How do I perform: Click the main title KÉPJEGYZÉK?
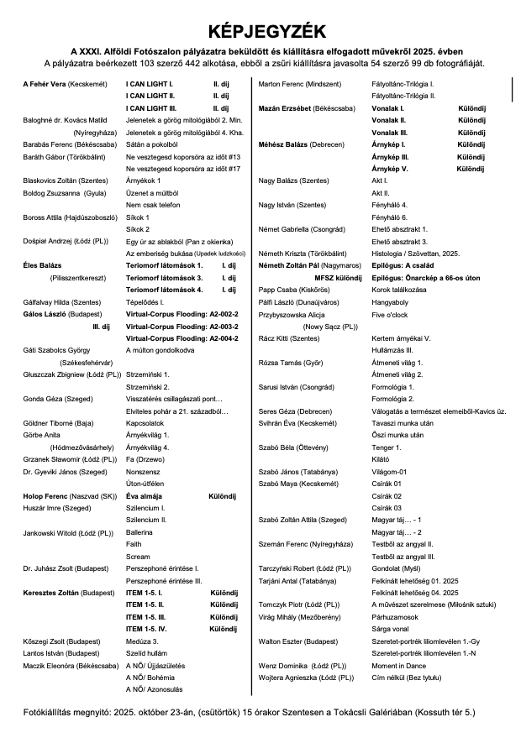click(x=260, y=30)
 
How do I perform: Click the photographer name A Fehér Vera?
click(x=42, y=85)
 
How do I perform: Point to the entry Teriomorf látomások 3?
click(x=164, y=277)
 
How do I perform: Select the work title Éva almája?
click(x=145, y=497)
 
